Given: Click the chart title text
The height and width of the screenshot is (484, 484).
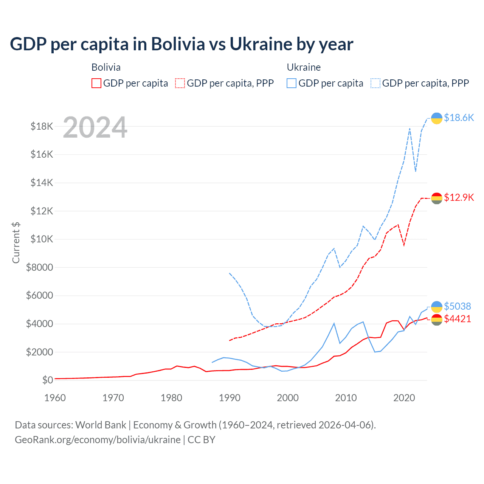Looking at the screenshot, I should tap(181, 44).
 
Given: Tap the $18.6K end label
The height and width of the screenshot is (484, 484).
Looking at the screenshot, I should tap(459, 118).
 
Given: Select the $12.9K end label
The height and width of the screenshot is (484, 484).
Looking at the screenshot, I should tap(459, 197).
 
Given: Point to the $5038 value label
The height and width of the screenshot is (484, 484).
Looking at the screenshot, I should tap(458, 306).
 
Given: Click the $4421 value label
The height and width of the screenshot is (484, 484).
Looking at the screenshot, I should tap(458, 319).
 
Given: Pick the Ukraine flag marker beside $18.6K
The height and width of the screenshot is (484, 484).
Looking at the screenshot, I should tap(437, 118).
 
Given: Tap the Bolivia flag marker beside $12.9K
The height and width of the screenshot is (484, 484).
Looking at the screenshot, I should tap(437, 198).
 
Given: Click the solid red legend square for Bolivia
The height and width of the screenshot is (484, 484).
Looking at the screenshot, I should tap(96, 83).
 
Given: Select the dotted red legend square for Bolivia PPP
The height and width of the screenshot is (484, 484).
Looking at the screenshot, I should tap(180, 83).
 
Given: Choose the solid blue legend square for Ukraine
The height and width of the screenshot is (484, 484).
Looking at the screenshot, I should tap(292, 83).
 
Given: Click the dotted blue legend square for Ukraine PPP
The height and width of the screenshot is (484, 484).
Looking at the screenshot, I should tap(375, 83).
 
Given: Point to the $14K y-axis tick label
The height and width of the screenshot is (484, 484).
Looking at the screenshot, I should tap(42, 183).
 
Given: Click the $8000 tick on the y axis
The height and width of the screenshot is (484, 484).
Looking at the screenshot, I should tap(40, 267).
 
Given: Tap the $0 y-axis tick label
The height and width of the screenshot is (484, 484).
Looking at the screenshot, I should tap(48, 380).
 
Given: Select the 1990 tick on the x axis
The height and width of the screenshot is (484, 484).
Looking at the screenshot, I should tap(230, 398).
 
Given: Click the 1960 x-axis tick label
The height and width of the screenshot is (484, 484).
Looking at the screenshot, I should tap(55, 398).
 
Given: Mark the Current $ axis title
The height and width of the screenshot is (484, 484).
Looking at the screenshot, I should tap(16, 242).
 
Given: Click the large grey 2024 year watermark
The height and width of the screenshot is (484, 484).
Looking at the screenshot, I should tap(95, 127).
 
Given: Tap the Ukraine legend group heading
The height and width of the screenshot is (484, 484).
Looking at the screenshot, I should tap(304, 67).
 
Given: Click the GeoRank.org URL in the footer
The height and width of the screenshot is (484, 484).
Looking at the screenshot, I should tap(98, 440).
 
